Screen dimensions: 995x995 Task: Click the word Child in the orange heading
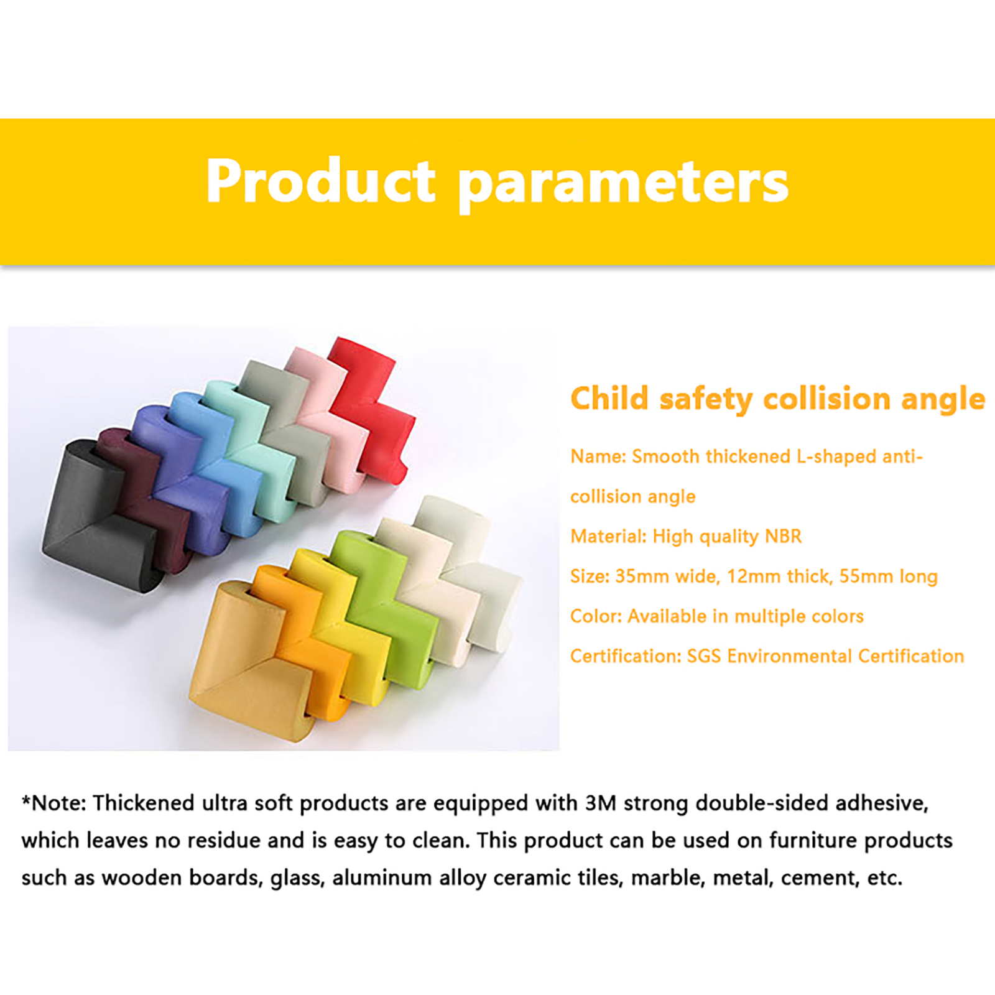pyautogui.click(x=609, y=398)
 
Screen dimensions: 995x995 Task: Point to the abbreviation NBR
pyautogui.click(x=783, y=536)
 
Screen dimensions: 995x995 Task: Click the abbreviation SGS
pyautogui.click(x=704, y=656)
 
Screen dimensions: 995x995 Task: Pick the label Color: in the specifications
pyautogui.click(x=596, y=616)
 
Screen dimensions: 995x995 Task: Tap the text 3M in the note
pyautogui.click(x=601, y=803)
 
